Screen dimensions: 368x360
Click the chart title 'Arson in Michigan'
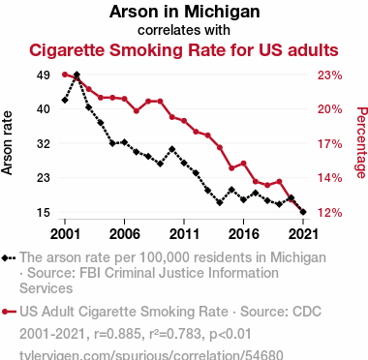coord(184,12)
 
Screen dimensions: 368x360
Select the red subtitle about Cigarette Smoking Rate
coord(184,50)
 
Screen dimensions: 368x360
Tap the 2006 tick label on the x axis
coord(125,234)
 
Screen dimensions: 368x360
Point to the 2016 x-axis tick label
coord(243,234)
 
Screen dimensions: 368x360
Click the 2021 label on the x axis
coord(303,234)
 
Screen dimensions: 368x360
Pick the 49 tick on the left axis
coord(44,75)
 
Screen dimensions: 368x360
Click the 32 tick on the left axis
coord(44,144)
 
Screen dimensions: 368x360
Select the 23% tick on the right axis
coord(329,75)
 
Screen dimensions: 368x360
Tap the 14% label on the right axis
coord(329,178)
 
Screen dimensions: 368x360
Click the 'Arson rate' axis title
coord(7,143)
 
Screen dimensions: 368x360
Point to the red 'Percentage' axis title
coord(361,142)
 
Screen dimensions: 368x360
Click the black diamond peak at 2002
coord(77,75)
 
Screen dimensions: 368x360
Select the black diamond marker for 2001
coord(65,101)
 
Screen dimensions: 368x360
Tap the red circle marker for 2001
coord(65,75)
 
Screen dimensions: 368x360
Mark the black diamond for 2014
coord(220,202)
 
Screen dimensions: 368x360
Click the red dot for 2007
coord(137,111)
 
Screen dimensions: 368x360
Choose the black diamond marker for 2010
coord(172,149)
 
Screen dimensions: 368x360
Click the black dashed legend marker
coord(9,257)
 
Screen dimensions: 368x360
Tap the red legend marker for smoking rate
coord(9,312)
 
